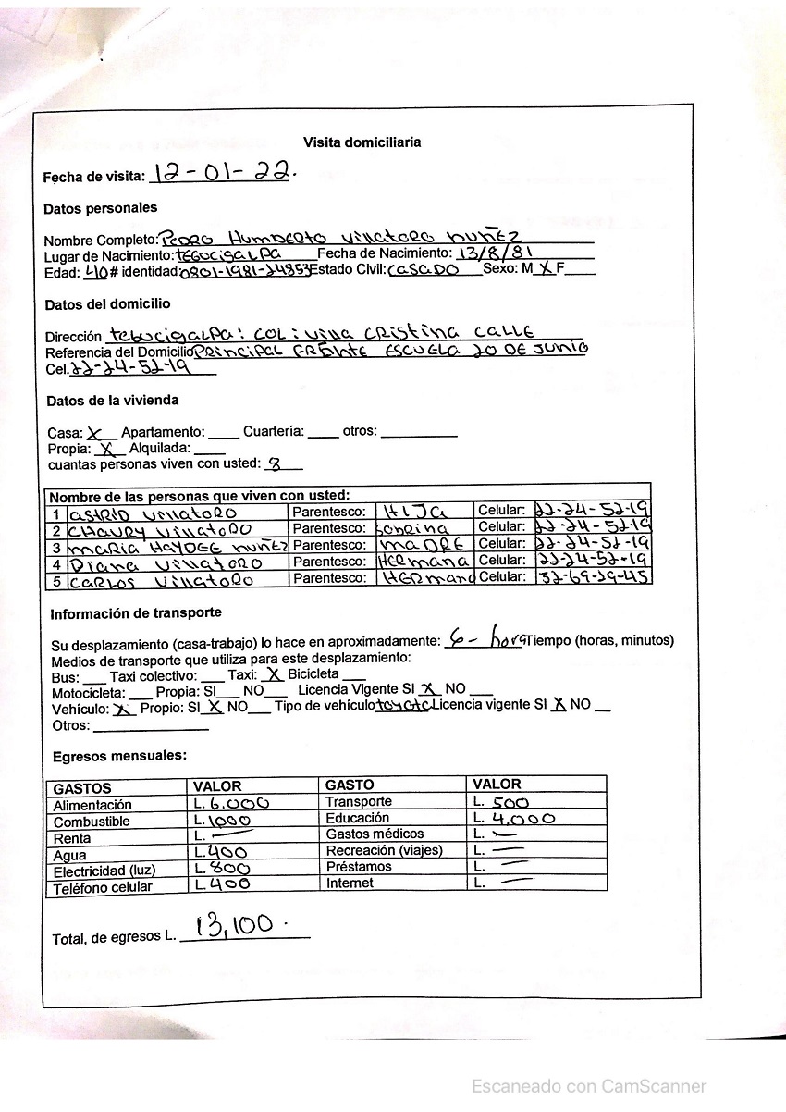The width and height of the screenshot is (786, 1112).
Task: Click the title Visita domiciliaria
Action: (x=362, y=142)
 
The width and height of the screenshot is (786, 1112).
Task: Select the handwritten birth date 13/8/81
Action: (x=499, y=253)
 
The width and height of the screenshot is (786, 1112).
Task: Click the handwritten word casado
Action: (x=425, y=270)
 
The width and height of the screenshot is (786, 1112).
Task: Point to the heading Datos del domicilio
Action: (x=107, y=304)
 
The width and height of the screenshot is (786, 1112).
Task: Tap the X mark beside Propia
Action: (x=107, y=449)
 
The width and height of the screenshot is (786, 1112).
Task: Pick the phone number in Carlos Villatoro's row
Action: (x=592, y=577)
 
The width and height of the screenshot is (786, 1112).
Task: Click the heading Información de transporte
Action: (x=136, y=613)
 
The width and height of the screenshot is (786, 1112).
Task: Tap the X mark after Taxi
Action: (x=272, y=675)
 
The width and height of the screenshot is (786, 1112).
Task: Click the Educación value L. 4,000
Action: (x=513, y=819)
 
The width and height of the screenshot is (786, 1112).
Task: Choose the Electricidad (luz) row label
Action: (x=104, y=871)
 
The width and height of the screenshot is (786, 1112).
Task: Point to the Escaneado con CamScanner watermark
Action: (x=589, y=1086)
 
